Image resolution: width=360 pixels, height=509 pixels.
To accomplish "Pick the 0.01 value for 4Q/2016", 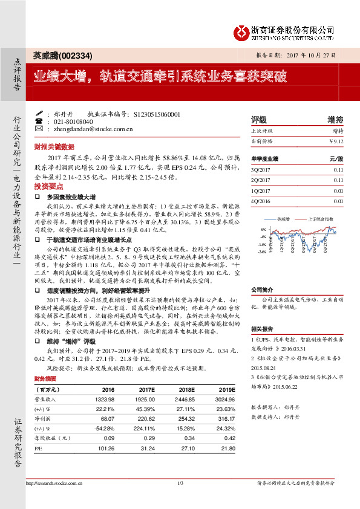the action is coord(338,201).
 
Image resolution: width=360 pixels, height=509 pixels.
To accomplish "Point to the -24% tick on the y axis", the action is coord(262,252).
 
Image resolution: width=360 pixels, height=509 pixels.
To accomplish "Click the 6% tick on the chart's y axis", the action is coord(263,230).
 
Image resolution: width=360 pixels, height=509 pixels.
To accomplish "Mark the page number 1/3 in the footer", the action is coord(180,482).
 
